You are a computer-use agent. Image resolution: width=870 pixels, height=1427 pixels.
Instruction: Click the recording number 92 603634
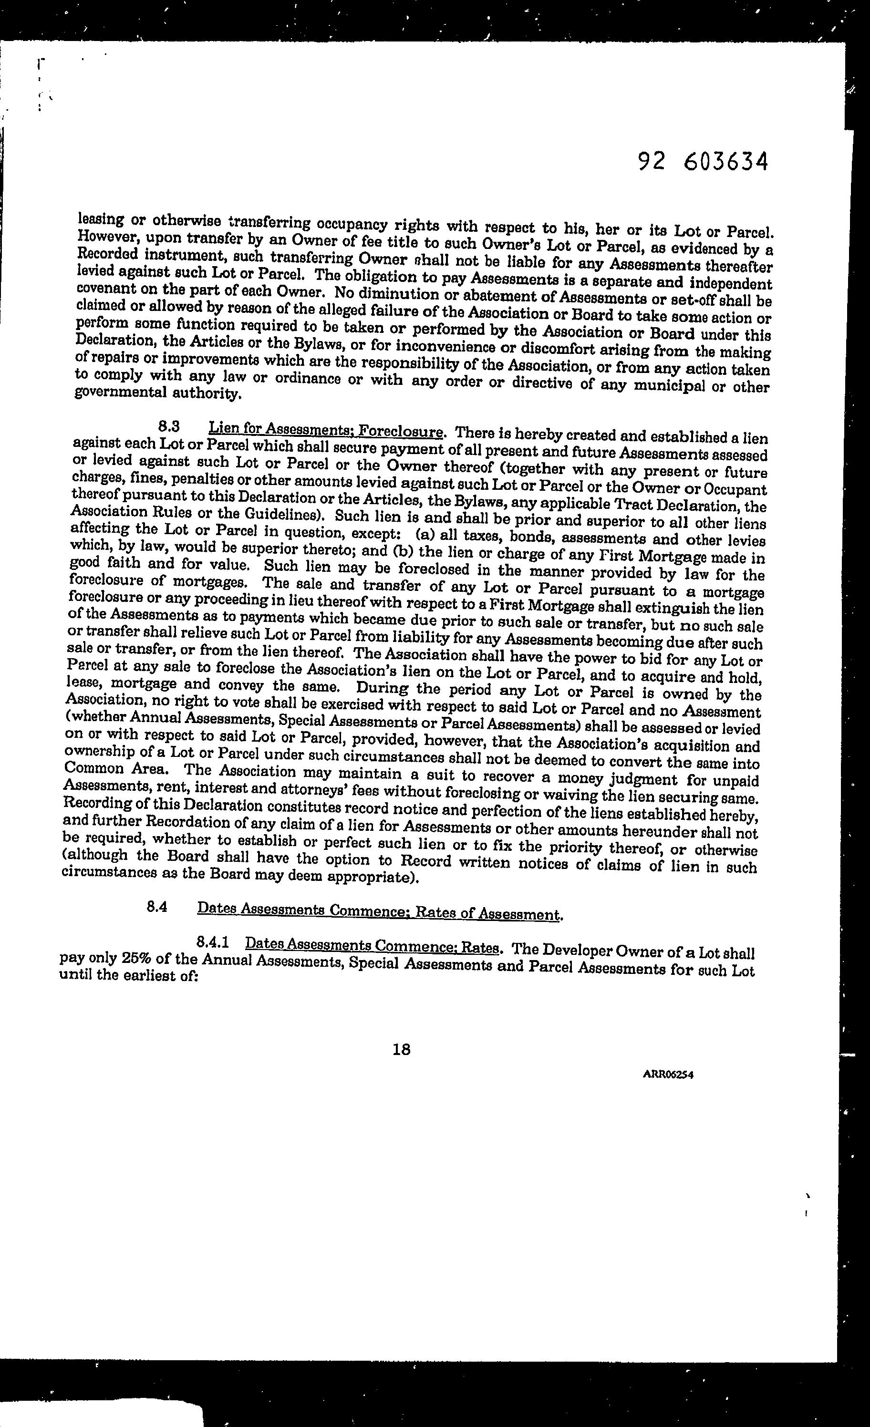[x=703, y=162]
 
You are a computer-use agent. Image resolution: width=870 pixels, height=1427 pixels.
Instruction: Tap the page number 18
[x=401, y=1049]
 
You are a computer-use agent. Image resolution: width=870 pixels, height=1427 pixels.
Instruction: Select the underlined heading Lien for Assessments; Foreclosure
[x=326, y=430]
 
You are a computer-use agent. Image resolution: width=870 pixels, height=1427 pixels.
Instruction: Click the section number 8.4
[x=157, y=908]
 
